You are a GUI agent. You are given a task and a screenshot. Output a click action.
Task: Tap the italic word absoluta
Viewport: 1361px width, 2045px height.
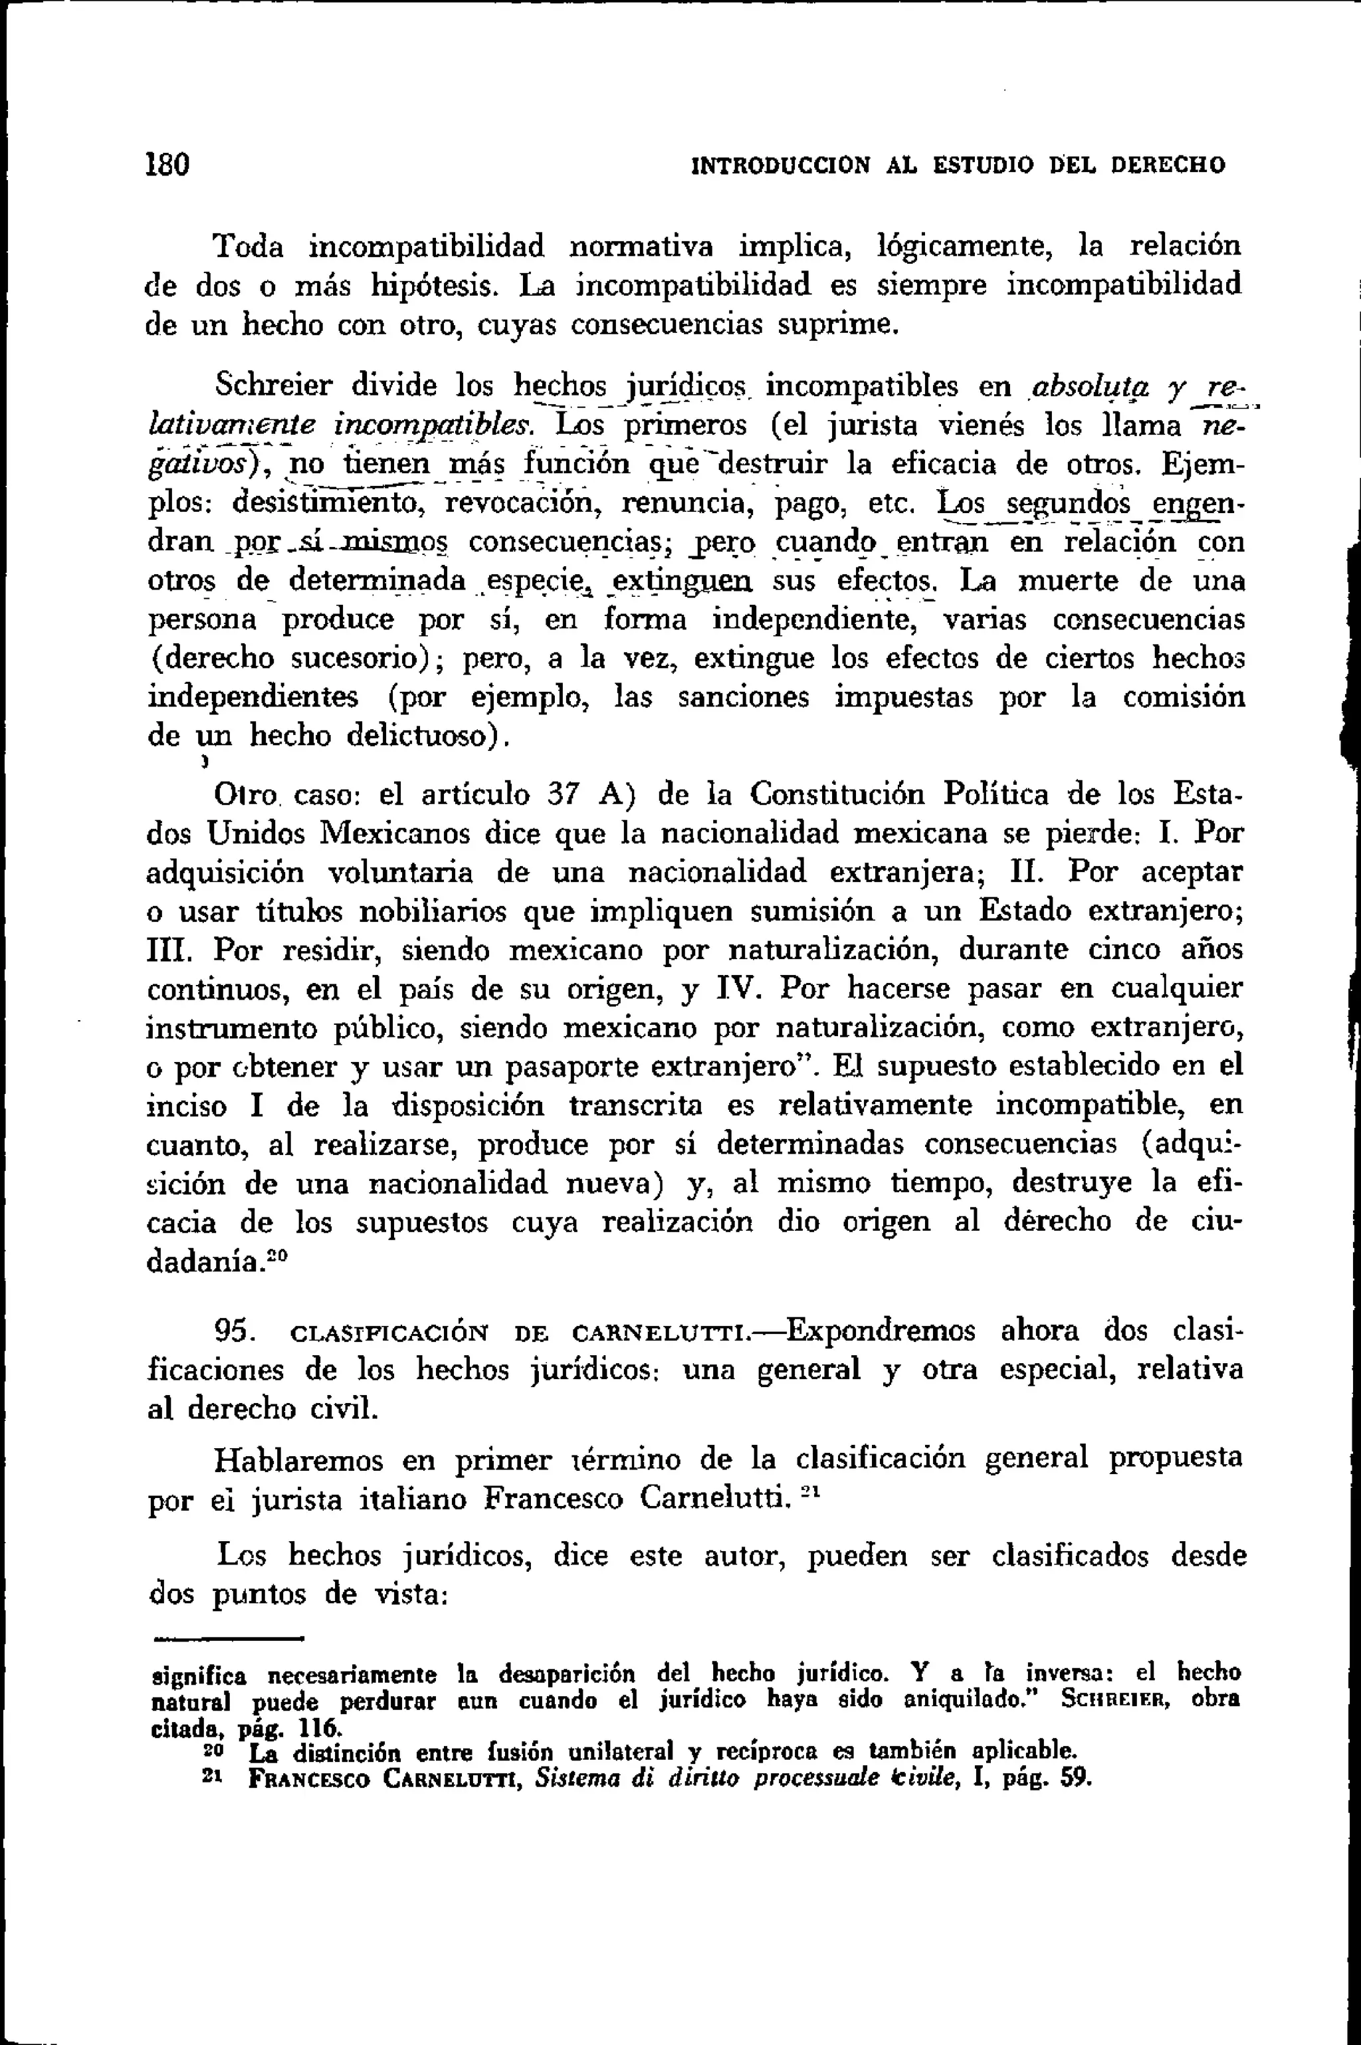pos(1091,385)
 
